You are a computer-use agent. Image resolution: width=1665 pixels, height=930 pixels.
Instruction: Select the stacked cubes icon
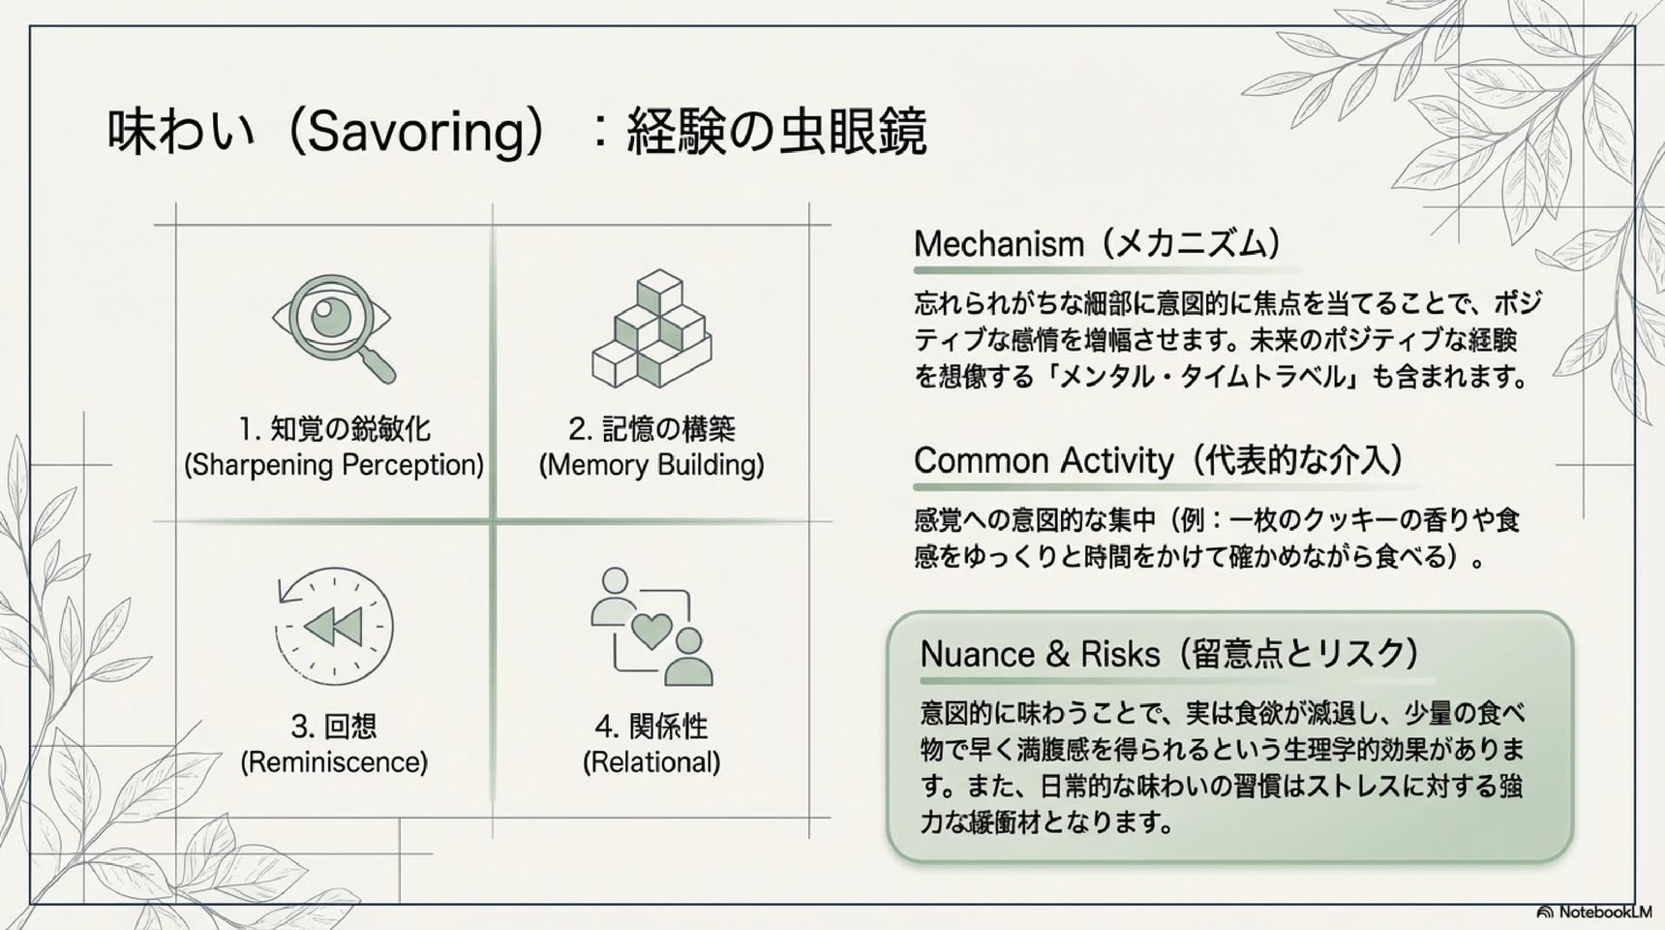click(651, 328)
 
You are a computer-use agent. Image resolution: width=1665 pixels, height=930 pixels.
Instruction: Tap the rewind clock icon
click(334, 626)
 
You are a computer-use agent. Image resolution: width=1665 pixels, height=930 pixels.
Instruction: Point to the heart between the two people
click(651, 631)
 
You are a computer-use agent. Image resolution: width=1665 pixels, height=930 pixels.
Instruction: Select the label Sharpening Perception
click(334, 465)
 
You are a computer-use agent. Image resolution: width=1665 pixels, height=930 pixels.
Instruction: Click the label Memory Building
click(651, 465)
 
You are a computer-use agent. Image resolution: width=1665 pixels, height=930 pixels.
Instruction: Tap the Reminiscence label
click(334, 762)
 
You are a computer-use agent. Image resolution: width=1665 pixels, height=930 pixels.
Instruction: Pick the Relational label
click(651, 762)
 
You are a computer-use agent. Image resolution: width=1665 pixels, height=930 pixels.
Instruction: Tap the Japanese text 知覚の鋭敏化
click(349, 428)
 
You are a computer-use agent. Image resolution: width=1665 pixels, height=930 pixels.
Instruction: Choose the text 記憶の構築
click(668, 428)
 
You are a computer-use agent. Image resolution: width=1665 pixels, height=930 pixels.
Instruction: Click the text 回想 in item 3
click(349, 726)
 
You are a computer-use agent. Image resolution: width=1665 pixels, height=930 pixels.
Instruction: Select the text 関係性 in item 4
click(668, 726)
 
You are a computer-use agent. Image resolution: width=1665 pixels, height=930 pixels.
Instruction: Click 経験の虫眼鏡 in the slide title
click(776, 132)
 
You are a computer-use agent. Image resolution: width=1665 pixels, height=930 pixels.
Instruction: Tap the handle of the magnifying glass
click(377, 365)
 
